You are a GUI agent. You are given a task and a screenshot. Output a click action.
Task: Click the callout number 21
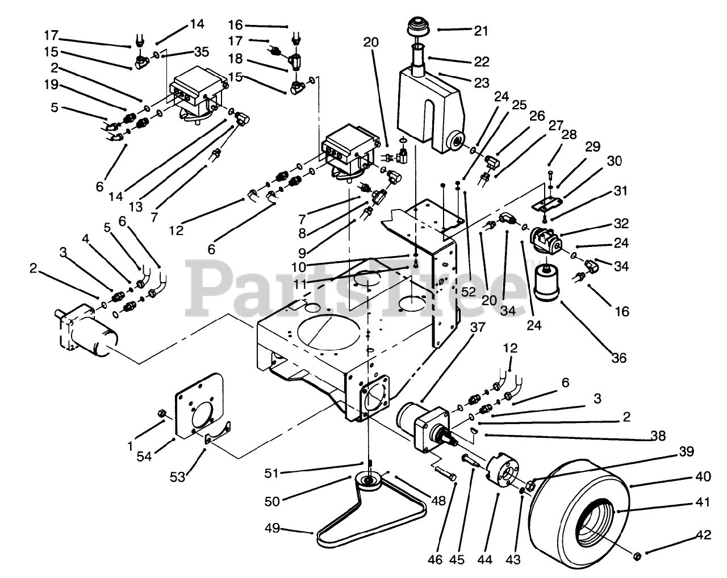pos(481,31)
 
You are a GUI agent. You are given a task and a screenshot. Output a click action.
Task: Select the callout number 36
pos(619,358)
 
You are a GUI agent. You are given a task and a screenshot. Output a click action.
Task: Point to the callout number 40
pos(703,477)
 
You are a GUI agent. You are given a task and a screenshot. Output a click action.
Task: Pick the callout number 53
pos(178,477)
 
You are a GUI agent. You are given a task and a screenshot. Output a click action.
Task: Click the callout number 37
pos(478,327)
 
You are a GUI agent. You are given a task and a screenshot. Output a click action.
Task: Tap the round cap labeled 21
pos(417,27)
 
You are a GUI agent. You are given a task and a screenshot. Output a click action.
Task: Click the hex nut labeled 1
pos(160,414)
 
